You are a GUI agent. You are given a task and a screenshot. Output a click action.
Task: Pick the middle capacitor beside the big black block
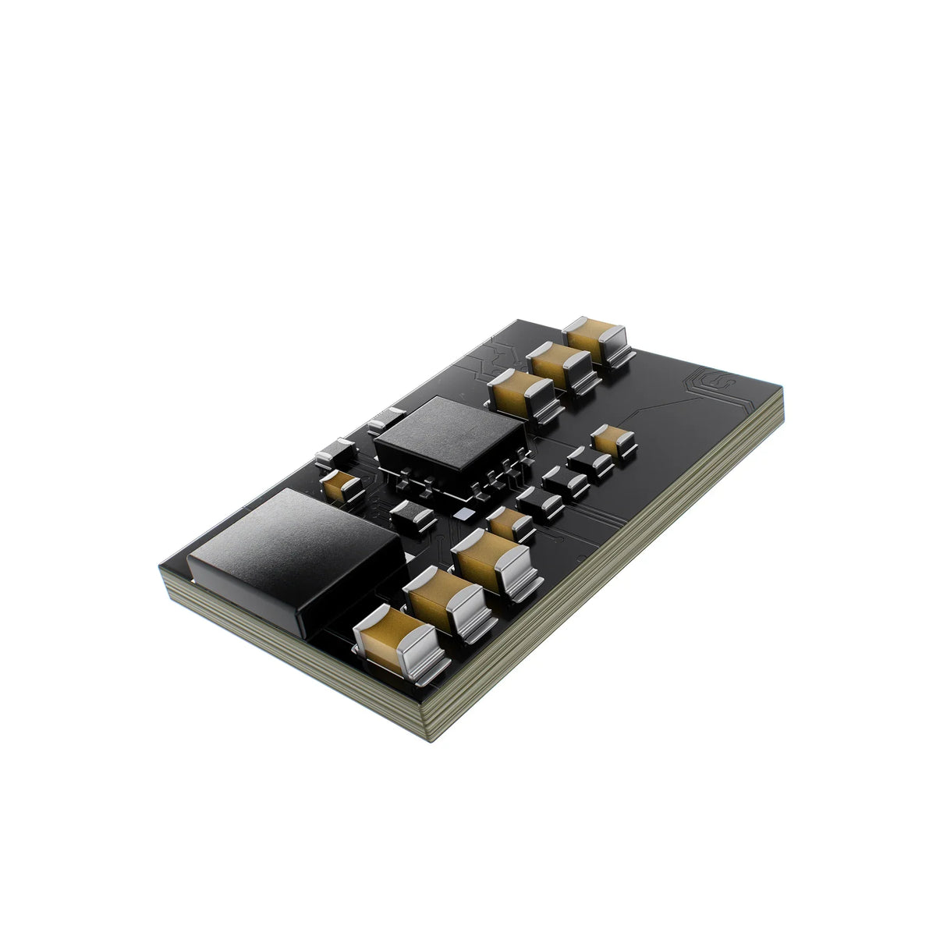tap(445, 601)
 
